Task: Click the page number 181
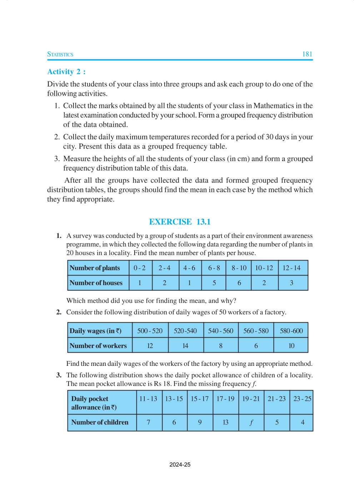(307, 54)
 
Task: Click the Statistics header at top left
(60, 54)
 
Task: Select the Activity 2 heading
(66, 72)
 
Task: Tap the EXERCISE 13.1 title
(180, 222)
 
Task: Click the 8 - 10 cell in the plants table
(239, 268)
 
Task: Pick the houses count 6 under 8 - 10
(239, 283)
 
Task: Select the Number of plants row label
(95, 268)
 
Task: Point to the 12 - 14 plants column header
(291, 268)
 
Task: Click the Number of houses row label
(96, 283)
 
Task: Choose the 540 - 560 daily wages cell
(221, 331)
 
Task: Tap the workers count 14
(185, 346)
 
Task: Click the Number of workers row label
(98, 346)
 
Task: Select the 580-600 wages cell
(291, 331)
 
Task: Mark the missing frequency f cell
(251, 422)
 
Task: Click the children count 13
(225, 422)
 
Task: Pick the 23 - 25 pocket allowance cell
(302, 399)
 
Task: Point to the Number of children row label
(100, 422)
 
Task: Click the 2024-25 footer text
(180, 465)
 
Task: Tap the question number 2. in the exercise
(59, 312)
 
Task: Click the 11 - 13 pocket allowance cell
(148, 399)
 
